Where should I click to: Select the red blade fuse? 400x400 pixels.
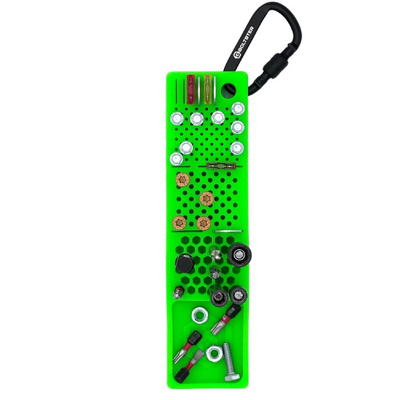[x=191, y=89]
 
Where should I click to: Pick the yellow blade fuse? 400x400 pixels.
[x=208, y=89]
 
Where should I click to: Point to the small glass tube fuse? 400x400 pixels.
[x=221, y=166]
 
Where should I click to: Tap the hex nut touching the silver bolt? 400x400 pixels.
[x=214, y=354]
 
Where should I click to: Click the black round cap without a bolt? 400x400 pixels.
[x=184, y=264]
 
